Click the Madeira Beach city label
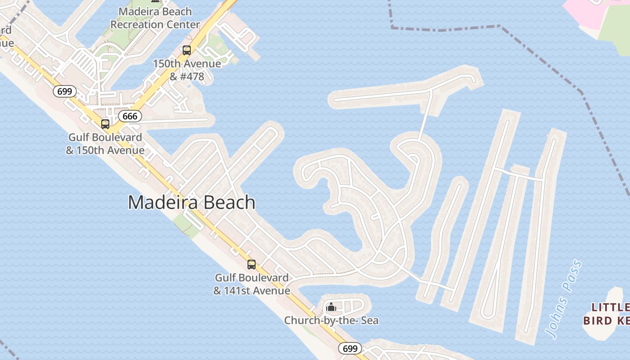coord(192,202)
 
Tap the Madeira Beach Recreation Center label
coord(155,18)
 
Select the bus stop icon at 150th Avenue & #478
coord(187,50)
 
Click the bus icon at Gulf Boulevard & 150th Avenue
coord(105,124)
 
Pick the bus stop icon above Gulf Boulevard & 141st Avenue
coord(252,265)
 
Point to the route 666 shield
coord(130,117)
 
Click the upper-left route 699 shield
coord(65,91)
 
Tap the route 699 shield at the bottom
coord(350,348)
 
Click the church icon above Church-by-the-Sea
coord(332,307)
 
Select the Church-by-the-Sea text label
coord(331,320)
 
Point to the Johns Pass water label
coord(563,299)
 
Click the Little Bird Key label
coord(607,314)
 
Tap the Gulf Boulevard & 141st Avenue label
coord(252,284)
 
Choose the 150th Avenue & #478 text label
coord(187,70)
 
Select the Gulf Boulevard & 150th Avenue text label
coord(105,144)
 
